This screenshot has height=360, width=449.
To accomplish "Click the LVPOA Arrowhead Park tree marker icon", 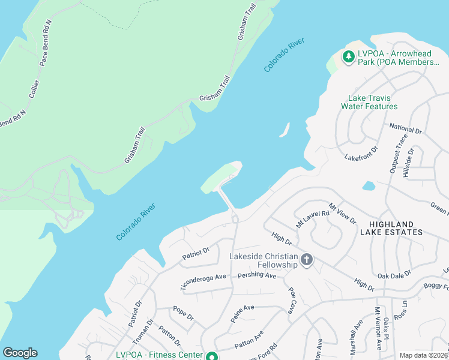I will pyautogui.click(x=348, y=57).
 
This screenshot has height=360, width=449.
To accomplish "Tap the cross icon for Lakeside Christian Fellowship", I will pyautogui.click(x=307, y=260).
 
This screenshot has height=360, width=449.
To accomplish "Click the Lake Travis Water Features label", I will pyautogui.click(x=369, y=102).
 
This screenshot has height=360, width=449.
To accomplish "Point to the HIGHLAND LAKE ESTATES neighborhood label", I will pyautogui.click(x=391, y=227).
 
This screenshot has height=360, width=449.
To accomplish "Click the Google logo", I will pyautogui.click(x=20, y=353).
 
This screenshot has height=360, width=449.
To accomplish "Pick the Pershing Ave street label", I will pyautogui.click(x=256, y=276).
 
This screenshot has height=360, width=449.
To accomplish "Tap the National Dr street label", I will pyautogui.click(x=406, y=128).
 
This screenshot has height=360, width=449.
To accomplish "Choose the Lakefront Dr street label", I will pyautogui.click(x=361, y=154).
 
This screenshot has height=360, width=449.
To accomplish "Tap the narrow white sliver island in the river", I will pyautogui.click(x=285, y=130).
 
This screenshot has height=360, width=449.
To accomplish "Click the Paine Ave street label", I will pyautogui.click(x=243, y=314).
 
